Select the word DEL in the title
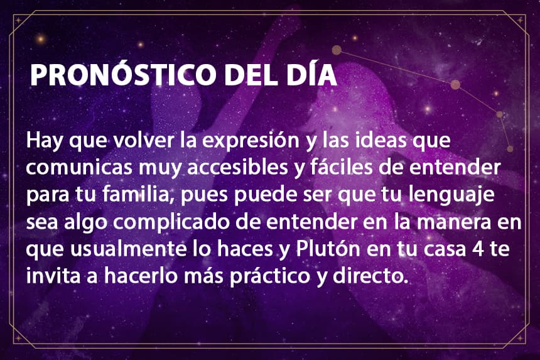pyautogui.click(x=251, y=74)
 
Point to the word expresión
pyautogui.click(x=251, y=141)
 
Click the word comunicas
pyautogui.click(x=79, y=168)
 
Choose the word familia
pyautogui.click(x=137, y=195)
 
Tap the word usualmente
pyautogui.click(x=127, y=249)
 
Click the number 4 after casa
pyautogui.click(x=478, y=249)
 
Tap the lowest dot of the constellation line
pyautogui.click(x=510, y=149)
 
